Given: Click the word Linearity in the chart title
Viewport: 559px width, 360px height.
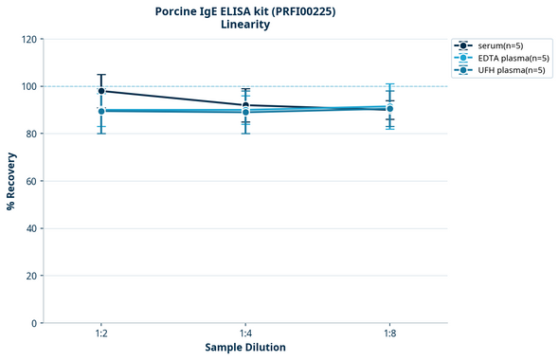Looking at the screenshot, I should (x=244, y=25).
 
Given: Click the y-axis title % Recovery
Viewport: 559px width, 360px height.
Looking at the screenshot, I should (x=11, y=181).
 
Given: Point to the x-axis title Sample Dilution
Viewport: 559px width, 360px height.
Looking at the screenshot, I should (x=245, y=348).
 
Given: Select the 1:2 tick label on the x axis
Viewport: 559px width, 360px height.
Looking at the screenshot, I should (x=101, y=333).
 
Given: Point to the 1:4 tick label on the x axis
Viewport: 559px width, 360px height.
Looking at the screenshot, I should (x=245, y=333).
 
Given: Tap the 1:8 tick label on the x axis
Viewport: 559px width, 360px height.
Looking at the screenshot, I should (x=389, y=333).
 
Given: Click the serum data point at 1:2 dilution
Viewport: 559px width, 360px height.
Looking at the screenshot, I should (x=101, y=91).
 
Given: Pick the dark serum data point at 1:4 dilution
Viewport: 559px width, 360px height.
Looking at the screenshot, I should (x=245, y=105).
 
